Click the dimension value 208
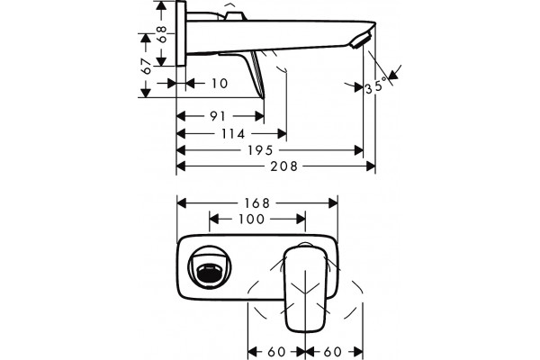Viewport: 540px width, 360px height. [x=283, y=166]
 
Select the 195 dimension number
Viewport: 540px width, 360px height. [x=260, y=150]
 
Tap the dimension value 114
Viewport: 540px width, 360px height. [x=233, y=134]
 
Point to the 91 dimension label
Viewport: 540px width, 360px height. [x=218, y=116]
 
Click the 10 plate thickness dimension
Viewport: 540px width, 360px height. [x=220, y=84]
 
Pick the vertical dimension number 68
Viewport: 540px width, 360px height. [x=162, y=34]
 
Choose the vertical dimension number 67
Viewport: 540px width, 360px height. [x=147, y=67]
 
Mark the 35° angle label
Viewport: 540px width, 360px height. [x=374, y=86]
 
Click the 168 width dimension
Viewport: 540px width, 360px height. [x=256, y=202]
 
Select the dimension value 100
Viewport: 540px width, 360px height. [x=251, y=219]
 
